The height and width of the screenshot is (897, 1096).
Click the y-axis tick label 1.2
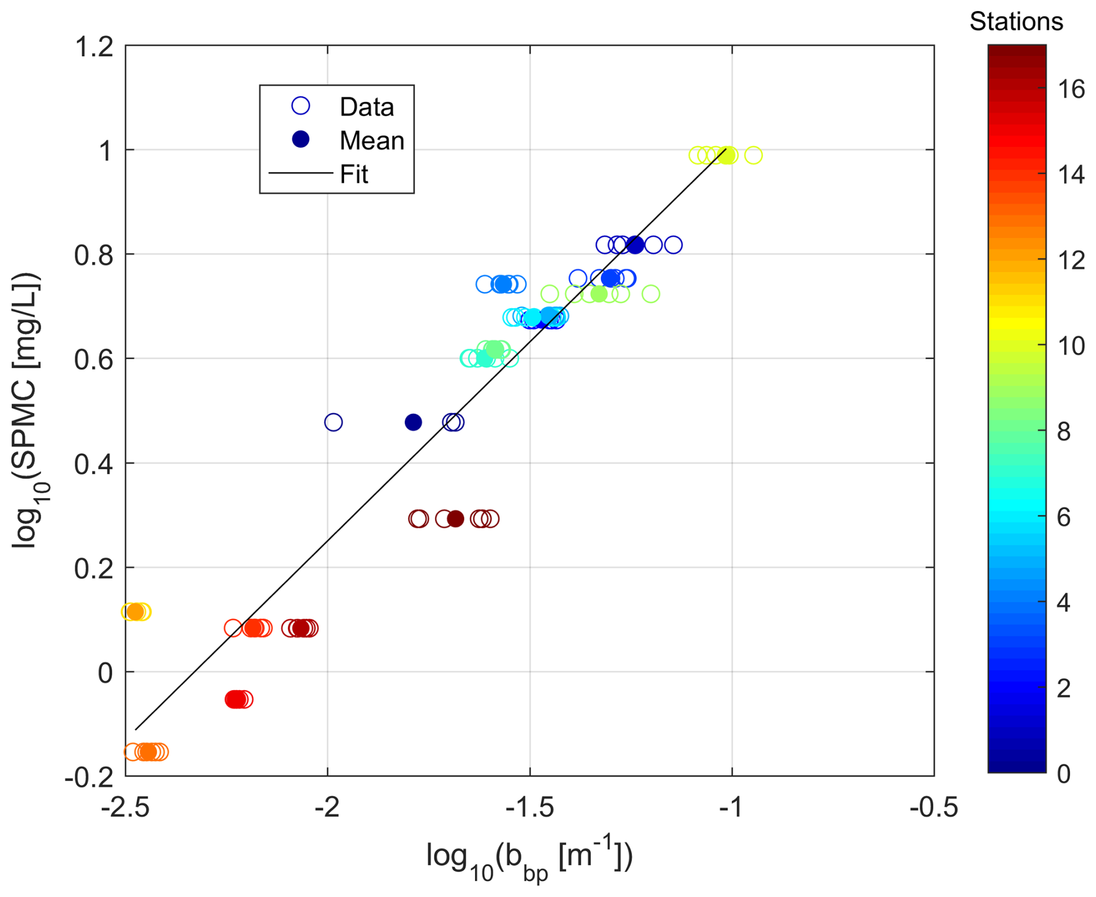click(94, 47)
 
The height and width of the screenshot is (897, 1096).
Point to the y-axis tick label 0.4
click(94, 464)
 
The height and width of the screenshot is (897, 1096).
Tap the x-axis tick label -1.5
click(529, 807)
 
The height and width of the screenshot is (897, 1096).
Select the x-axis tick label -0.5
click(933, 807)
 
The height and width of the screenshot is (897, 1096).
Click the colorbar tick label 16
click(1070, 89)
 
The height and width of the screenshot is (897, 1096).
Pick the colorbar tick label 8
click(1064, 432)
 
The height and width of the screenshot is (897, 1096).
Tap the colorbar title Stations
click(1016, 22)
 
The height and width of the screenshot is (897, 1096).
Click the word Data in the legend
click(367, 107)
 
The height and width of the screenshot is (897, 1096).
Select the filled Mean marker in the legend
click(301, 140)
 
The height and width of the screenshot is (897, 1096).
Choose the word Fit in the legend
click(354, 174)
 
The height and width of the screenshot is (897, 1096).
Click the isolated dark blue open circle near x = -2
click(333, 422)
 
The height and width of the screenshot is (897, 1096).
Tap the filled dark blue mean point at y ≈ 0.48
click(413, 422)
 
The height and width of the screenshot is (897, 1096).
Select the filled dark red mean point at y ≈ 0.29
click(456, 519)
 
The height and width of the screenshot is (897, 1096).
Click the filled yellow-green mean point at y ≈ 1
click(728, 155)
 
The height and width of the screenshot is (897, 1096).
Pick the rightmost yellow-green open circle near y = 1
click(753, 155)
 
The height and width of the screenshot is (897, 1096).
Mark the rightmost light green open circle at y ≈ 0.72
click(651, 294)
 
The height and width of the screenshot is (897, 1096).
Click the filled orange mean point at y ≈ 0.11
click(135, 611)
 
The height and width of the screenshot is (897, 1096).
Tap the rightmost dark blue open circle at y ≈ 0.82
click(673, 245)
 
